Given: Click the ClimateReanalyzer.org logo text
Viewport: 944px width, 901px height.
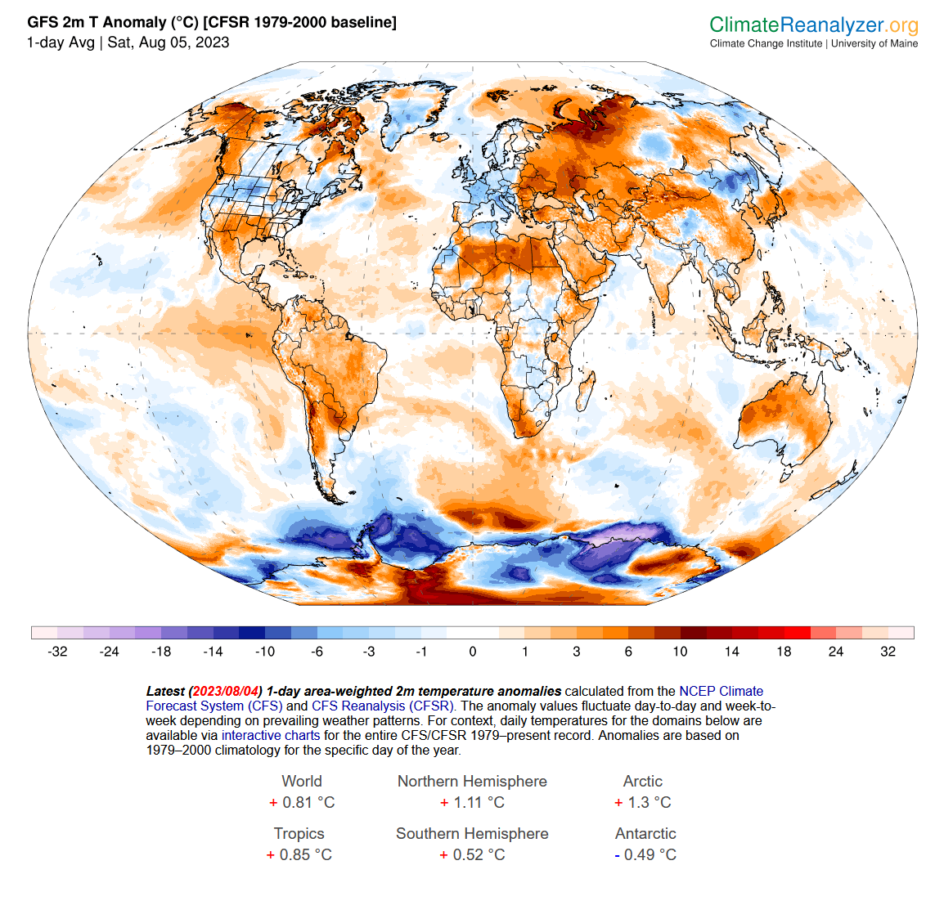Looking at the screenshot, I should (x=813, y=25).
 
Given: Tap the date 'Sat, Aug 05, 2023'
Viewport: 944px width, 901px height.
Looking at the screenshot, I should (x=169, y=43).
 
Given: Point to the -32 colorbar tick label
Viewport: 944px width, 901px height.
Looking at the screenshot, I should (x=57, y=652).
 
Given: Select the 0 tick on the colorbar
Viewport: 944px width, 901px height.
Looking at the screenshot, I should (x=473, y=652).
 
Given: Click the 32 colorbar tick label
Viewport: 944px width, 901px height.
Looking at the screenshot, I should (x=888, y=652).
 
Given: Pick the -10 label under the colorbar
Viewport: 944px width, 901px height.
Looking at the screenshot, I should (x=265, y=652).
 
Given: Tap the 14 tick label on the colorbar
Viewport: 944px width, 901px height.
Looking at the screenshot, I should (x=731, y=652).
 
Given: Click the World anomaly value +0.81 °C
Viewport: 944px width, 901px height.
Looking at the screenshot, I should (x=302, y=802).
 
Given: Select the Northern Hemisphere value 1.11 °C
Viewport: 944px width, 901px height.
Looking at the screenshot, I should (x=472, y=802).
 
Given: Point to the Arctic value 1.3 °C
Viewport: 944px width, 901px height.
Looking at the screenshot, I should (x=643, y=802).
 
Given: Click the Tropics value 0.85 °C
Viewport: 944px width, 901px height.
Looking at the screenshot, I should (x=299, y=854).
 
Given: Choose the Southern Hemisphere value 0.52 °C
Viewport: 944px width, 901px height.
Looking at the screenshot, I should (x=472, y=854).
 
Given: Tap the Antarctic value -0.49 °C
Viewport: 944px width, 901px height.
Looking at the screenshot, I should (x=645, y=854).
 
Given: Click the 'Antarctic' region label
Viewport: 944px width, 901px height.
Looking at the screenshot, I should (x=645, y=833).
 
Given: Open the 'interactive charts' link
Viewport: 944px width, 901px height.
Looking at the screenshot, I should (x=271, y=735).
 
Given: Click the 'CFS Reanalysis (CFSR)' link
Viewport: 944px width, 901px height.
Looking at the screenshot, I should (x=383, y=706).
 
